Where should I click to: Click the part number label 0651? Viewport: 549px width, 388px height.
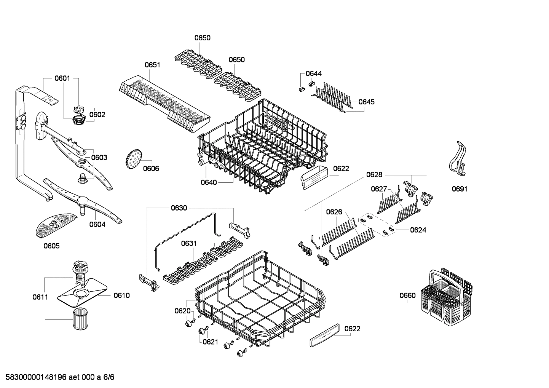(x=152, y=65)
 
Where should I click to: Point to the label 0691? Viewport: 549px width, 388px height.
(x=460, y=189)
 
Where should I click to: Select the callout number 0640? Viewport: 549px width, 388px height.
(x=209, y=182)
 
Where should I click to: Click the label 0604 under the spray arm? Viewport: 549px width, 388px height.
(x=97, y=224)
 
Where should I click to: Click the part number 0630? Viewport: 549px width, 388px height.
(x=179, y=208)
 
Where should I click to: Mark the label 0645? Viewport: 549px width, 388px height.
(x=366, y=102)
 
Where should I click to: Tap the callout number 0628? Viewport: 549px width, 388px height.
(x=374, y=175)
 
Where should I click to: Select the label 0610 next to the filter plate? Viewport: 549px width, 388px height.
(x=121, y=295)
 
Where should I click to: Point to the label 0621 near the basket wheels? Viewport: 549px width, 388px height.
(x=210, y=342)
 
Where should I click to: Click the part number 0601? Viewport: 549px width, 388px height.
(x=62, y=78)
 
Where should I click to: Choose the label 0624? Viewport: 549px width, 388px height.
(x=418, y=230)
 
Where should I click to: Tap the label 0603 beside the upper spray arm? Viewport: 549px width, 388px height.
(x=99, y=157)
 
